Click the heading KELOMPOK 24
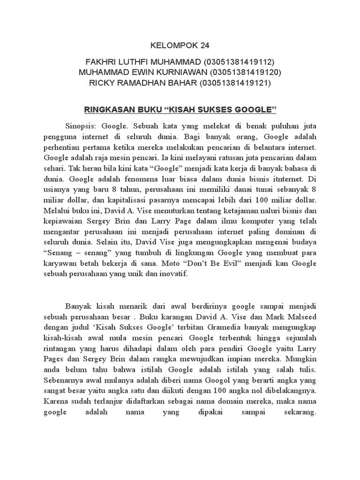tap(180, 45)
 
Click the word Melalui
tap(57, 211)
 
